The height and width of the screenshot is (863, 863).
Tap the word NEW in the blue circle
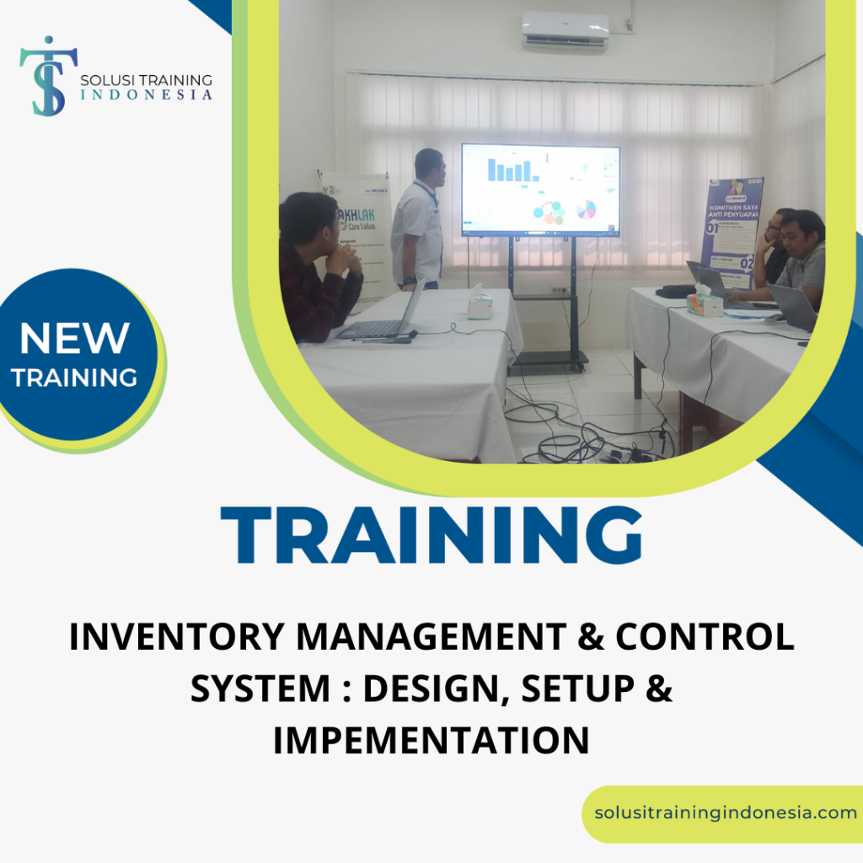coord(74,339)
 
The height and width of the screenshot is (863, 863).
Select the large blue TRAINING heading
coord(431,536)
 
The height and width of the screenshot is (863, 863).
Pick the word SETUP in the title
coord(582,689)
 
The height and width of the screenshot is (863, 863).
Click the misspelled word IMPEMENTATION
coord(431,741)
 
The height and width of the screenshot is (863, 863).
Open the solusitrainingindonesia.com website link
coord(725,813)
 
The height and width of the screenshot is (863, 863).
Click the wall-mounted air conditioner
coord(565,29)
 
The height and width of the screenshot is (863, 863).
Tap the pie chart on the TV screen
coord(586,209)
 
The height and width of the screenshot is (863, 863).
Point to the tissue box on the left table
coord(480,305)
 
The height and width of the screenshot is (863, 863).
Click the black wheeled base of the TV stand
coord(549,361)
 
